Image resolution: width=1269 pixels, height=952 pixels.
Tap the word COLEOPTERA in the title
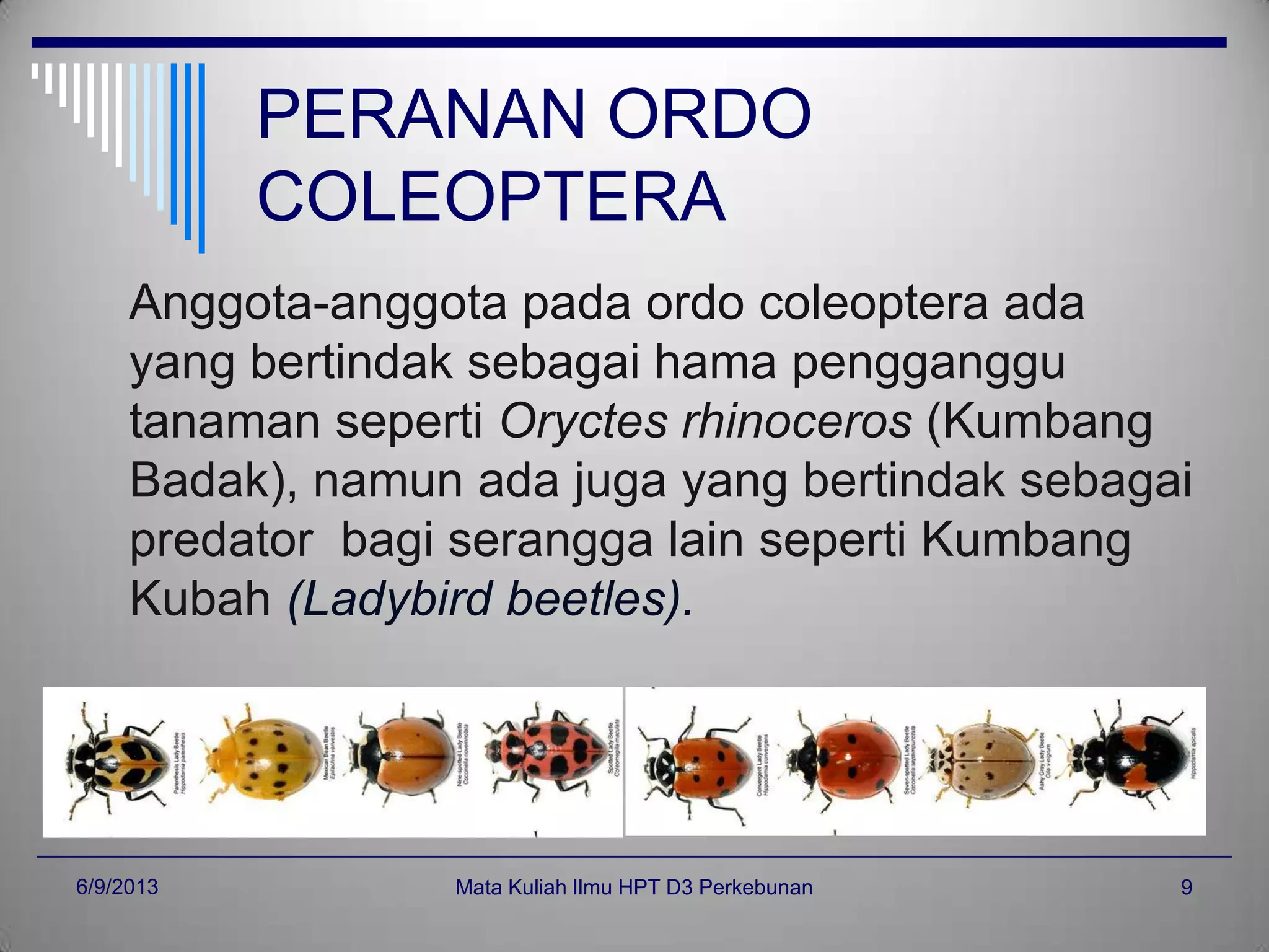(491, 197)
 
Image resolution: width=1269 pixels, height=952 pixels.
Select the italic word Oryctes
(583, 423)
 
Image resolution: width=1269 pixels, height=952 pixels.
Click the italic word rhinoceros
(797, 421)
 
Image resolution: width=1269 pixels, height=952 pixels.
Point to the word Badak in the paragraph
(198, 480)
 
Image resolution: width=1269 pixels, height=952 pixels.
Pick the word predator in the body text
(221, 540)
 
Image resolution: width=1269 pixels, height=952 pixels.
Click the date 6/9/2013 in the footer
(117, 887)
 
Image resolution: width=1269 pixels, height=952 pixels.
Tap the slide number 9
(1186, 888)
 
